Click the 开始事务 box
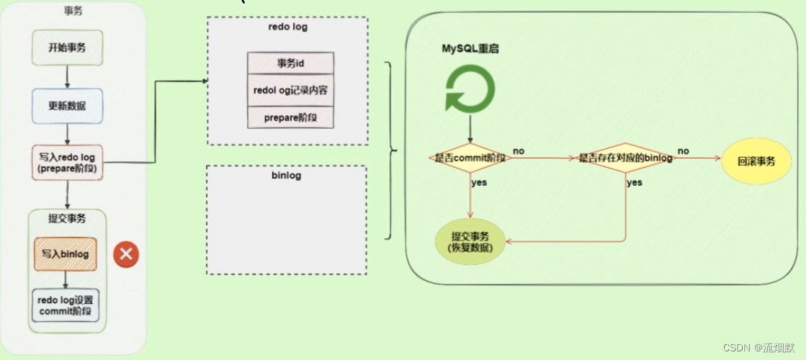tap(67, 48)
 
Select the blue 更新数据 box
tap(67, 105)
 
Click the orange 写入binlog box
tap(66, 254)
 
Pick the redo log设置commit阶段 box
tap(66, 305)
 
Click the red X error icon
tap(126, 253)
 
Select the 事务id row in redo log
tap(290, 63)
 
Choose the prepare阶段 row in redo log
tap(290, 117)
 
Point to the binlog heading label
tap(287, 175)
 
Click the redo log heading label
tap(287, 27)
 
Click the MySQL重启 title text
tap(470, 49)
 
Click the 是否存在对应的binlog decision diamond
tap(625, 157)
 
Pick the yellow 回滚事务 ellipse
tap(756, 161)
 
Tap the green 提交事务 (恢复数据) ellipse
tap(470, 241)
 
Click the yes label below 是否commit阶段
tap(479, 182)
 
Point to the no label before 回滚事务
tap(683, 151)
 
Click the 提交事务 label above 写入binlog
tap(67, 219)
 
